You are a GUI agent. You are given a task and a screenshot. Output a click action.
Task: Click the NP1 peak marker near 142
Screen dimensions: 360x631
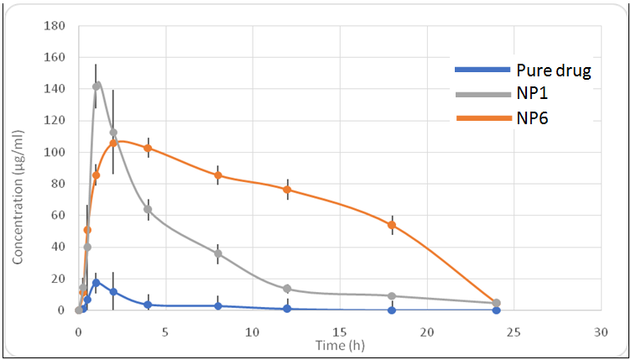[96, 86]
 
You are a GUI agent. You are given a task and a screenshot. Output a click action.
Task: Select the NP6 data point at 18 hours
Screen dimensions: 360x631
[392, 225]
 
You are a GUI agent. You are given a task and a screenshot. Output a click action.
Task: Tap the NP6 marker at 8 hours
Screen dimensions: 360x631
[218, 175]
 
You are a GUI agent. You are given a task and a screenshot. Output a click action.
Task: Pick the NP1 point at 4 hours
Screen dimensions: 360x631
[148, 209]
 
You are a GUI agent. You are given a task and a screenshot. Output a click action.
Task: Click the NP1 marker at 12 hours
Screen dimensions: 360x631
[287, 289]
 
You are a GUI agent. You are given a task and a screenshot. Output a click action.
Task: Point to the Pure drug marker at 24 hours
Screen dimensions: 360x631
[497, 310]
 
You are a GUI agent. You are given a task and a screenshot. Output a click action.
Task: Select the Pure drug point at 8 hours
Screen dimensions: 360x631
[218, 305]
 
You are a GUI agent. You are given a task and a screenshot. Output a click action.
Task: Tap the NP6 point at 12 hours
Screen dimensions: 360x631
[287, 190]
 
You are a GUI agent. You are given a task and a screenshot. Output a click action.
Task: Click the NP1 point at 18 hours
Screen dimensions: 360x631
[392, 296]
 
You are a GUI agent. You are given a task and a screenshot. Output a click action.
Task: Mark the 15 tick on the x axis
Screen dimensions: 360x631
[340, 331]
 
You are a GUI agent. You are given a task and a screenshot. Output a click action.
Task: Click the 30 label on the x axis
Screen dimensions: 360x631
[601, 331]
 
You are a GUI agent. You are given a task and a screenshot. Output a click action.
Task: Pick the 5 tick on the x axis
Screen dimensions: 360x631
[165, 331]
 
